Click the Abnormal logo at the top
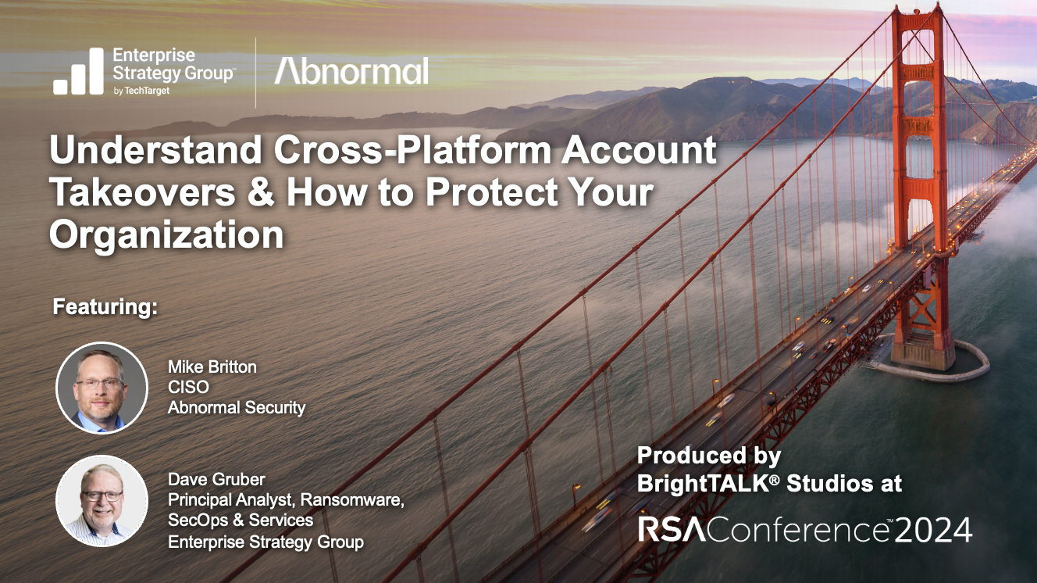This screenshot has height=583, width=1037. [x=351, y=71]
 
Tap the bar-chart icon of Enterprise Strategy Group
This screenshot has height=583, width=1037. [x=78, y=71]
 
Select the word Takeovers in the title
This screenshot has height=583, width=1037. [x=143, y=193]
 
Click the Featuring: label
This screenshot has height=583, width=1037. [x=105, y=307]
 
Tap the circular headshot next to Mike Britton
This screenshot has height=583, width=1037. [x=102, y=388]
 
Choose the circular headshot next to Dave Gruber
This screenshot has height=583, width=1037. [x=102, y=501]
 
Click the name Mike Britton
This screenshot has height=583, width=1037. [x=212, y=367]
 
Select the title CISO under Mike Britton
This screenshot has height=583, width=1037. [x=188, y=387]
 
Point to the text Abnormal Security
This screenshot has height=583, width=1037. [x=237, y=408]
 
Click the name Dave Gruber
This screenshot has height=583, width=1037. [x=216, y=479]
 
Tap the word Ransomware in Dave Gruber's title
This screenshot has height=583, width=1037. [x=352, y=500]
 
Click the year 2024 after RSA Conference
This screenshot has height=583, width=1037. [x=933, y=531]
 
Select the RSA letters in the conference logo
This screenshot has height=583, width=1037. [x=672, y=530]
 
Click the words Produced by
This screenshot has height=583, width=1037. [x=709, y=456]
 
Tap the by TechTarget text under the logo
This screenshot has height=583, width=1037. [x=141, y=91]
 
